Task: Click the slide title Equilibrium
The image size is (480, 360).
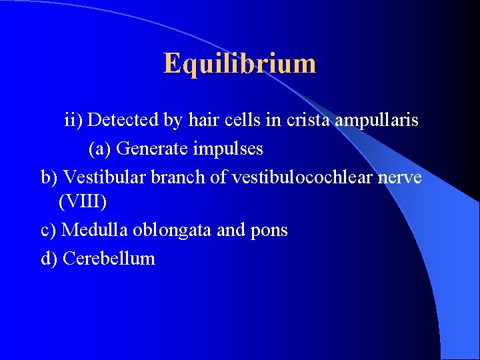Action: point(239,64)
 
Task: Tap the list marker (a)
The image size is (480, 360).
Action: point(100,148)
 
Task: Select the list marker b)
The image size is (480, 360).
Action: point(49,177)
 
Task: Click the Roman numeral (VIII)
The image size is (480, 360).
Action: point(83,201)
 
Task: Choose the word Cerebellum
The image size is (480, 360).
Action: point(109,259)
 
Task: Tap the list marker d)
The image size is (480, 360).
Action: point(49,259)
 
